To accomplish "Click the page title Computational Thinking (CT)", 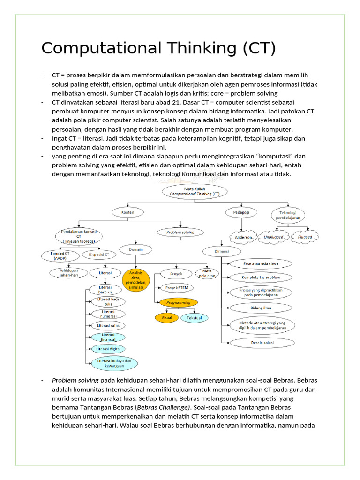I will pyautogui.click(x=158, y=48).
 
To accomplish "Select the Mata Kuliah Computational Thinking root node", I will pyautogui.click(x=194, y=190).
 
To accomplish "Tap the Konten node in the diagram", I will pyautogui.click(x=128, y=212).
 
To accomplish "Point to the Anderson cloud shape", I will pyautogui.click(x=243, y=237).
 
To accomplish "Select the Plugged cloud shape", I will pyautogui.click(x=305, y=237).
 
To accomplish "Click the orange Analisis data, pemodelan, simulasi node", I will pyautogui.click(x=136, y=280).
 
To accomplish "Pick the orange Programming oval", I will pyautogui.click(x=178, y=303).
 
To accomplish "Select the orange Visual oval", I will pyautogui.click(x=167, y=317).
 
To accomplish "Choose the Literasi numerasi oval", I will pyautogui.click(x=108, y=313).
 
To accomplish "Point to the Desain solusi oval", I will pyautogui.click(x=262, y=343).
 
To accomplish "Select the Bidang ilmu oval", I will pyautogui.click(x=261, y=308).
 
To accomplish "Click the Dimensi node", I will pyautogui.click(x=222, y=251).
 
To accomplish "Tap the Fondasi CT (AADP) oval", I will pyautogui.click(x=60, y=255).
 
